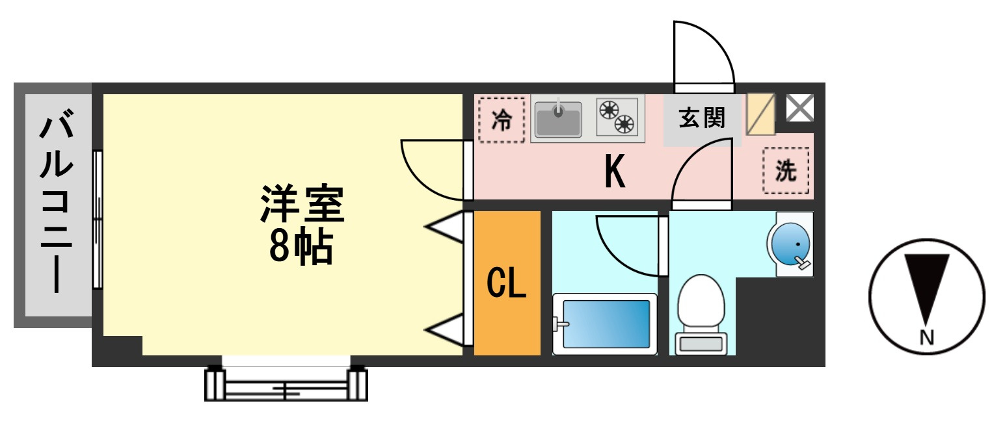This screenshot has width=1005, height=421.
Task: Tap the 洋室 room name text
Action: click(x=302, y=203)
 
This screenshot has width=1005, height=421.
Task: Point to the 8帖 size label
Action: click(x=301, y=247)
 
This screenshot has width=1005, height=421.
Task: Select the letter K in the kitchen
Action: click(x=615, y=171)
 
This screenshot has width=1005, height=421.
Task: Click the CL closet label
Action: click(x=507, y=283)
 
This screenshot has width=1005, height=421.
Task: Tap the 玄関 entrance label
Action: click(x=702, y=118)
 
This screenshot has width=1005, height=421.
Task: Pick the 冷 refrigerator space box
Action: click(x=502, y=120)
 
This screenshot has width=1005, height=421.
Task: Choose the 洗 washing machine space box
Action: click(x=786, y=171)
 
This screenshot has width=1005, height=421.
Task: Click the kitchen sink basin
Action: click(x=559, y=120)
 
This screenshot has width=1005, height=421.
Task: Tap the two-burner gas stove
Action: click(x=617, y=117)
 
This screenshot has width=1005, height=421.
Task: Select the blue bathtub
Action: click(x=605, y=324)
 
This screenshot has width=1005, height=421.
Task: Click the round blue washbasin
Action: click(x=790, y=244)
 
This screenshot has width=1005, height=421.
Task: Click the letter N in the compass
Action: click(x=927, y=337)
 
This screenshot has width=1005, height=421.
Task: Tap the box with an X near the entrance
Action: click(x=800, y=108)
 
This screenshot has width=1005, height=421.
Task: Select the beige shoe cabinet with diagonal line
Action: click(x=760, y=114)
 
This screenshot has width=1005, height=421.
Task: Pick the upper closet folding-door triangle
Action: click(x=446, y=227)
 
